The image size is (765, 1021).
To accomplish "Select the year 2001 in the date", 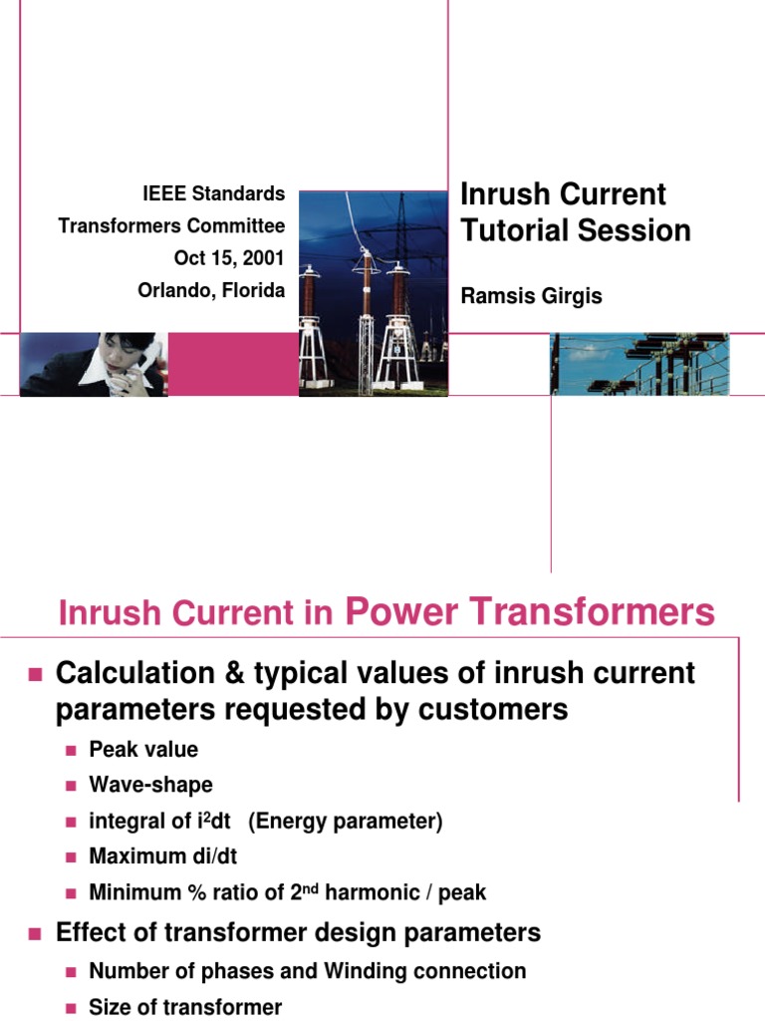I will pyautogui.click(x=261, y=258).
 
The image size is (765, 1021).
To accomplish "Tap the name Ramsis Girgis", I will pyautogui.click(x=531, y=296).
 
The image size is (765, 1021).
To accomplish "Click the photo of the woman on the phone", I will pyautogui.click(x=94, y=364).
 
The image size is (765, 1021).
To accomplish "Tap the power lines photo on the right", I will pyautogui.click(x=639, y=364).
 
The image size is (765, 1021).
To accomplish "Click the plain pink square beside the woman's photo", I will pyautogui.click(x=233, y=364).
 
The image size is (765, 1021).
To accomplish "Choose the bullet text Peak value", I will pyautogui.click(x=143, y=750).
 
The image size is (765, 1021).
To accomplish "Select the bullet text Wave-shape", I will pyautogui.click(x=150, y=785).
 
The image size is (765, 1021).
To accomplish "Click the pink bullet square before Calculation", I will pyautogui.click(x=35, y=675).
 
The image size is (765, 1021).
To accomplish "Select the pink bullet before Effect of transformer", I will pyautogui.click(x=35, y=934).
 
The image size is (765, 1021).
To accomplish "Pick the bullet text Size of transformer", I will pyautogui.click(x=185, y=1007).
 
